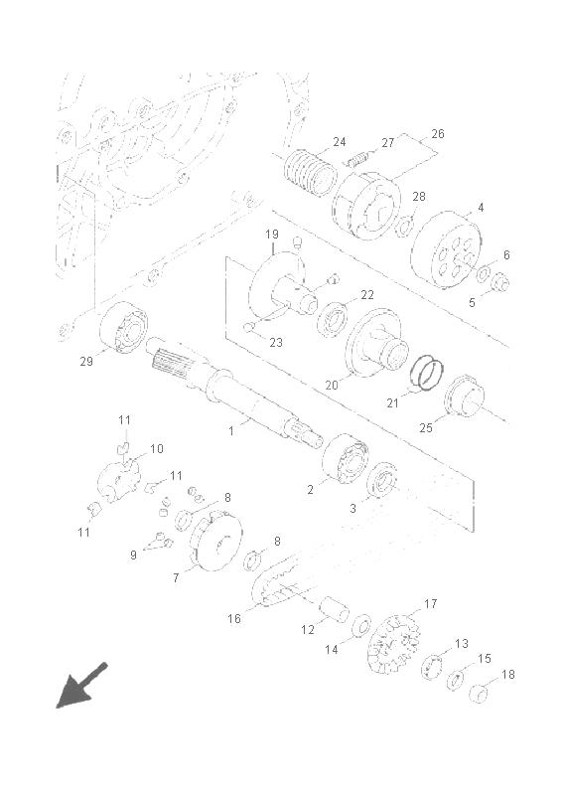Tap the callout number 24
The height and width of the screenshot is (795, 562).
[x=339, y=142]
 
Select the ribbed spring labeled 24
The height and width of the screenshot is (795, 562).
[x=310, y=173]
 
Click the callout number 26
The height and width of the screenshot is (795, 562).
[x=437, y=134]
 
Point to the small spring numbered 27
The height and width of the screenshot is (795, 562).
[x=356, y=159]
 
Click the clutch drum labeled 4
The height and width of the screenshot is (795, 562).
[x=446, y=250]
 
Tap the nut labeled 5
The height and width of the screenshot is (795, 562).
[x=499, y=282]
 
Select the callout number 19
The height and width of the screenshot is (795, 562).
[x=272, y=235]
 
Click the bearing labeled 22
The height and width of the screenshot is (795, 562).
[x=332, y=318]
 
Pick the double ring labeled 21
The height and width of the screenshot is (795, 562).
[x=427, y=373]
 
